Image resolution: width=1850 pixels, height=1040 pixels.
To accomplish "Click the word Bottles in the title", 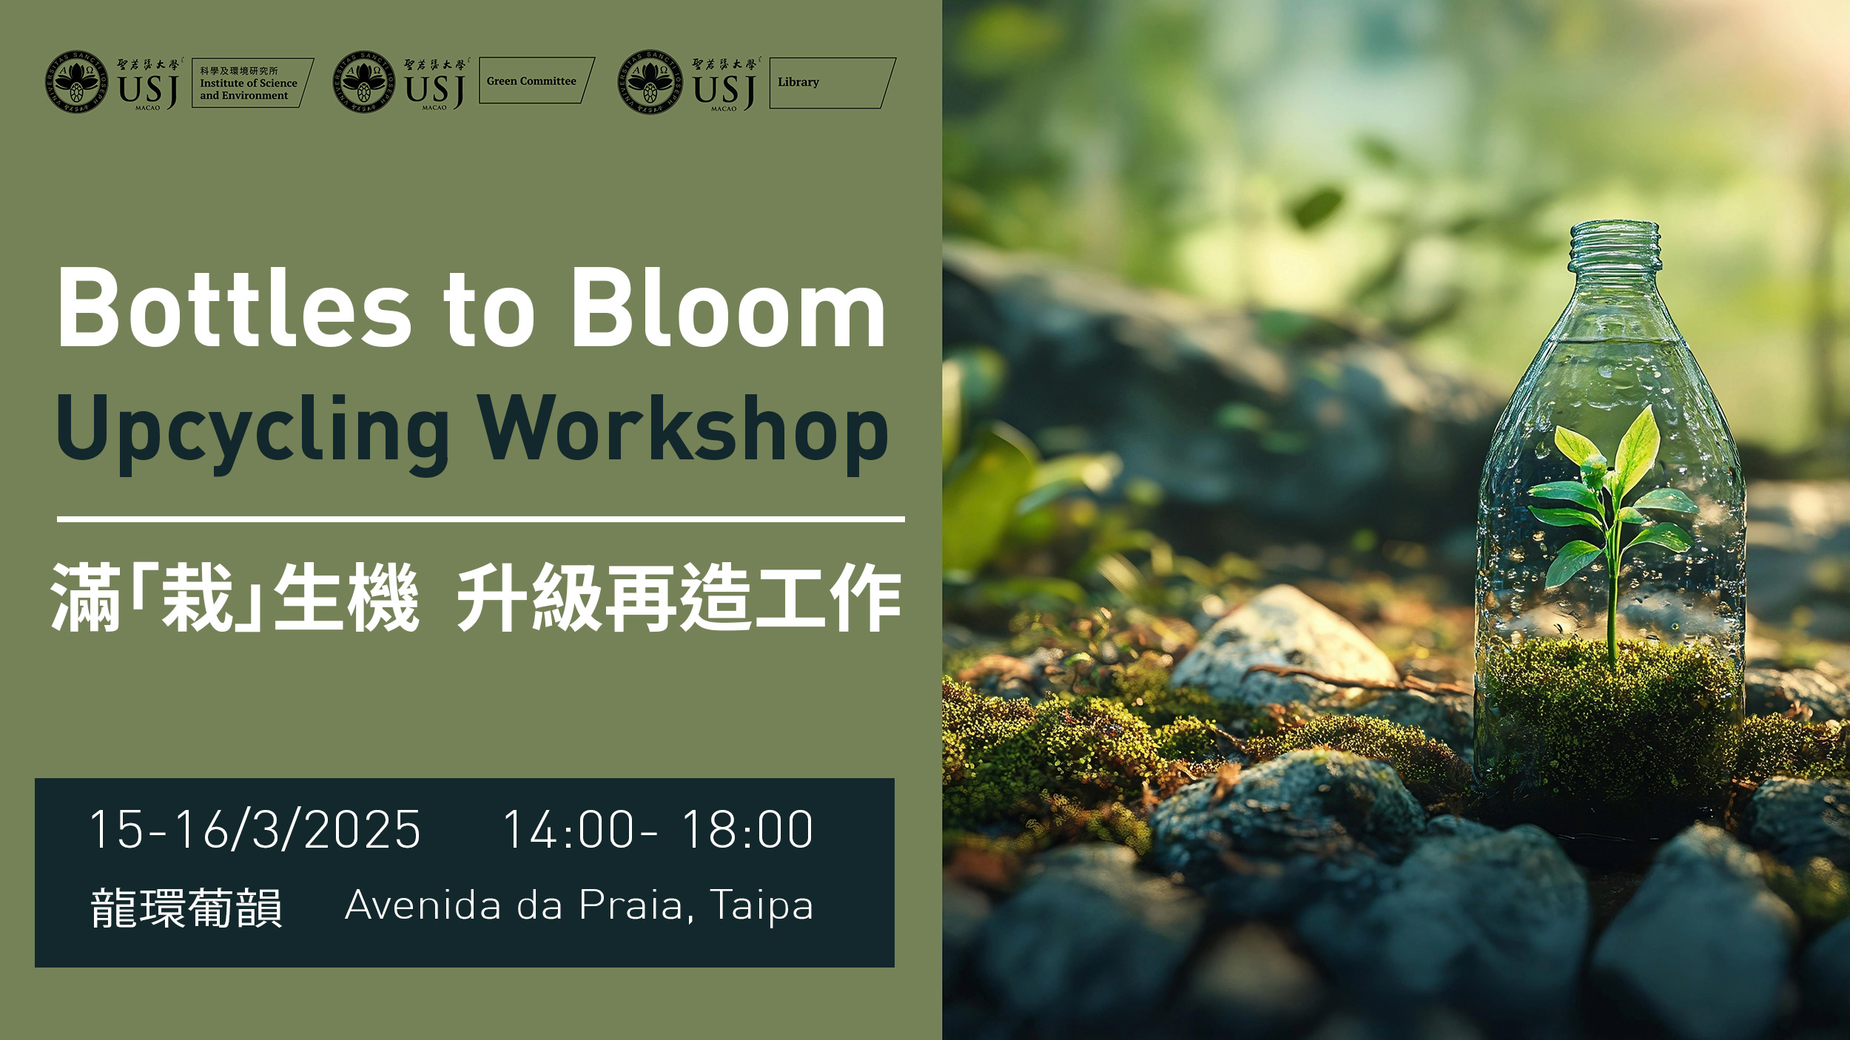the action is [x=234, y=307].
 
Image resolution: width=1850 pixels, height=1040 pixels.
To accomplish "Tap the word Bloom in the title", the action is [x=728, y=307].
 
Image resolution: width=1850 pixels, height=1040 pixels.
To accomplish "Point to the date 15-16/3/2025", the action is [x=255, y=829].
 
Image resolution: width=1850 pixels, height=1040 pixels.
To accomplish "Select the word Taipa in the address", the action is [x=761, y=905].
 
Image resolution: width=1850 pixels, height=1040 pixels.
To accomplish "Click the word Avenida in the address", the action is [x=423, y=905].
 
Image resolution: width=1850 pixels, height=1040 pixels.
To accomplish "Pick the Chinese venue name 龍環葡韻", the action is [x=186, y=908].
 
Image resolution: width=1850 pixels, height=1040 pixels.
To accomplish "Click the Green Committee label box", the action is [x=536, y=80].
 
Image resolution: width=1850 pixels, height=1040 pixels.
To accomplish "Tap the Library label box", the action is [x=832, y=83].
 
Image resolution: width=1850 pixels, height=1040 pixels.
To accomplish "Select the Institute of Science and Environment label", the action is [x=252, y=83].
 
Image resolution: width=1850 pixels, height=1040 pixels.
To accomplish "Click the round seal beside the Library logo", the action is [x=650, y=82].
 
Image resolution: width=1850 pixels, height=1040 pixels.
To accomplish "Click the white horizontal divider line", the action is [x=481, y=519].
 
